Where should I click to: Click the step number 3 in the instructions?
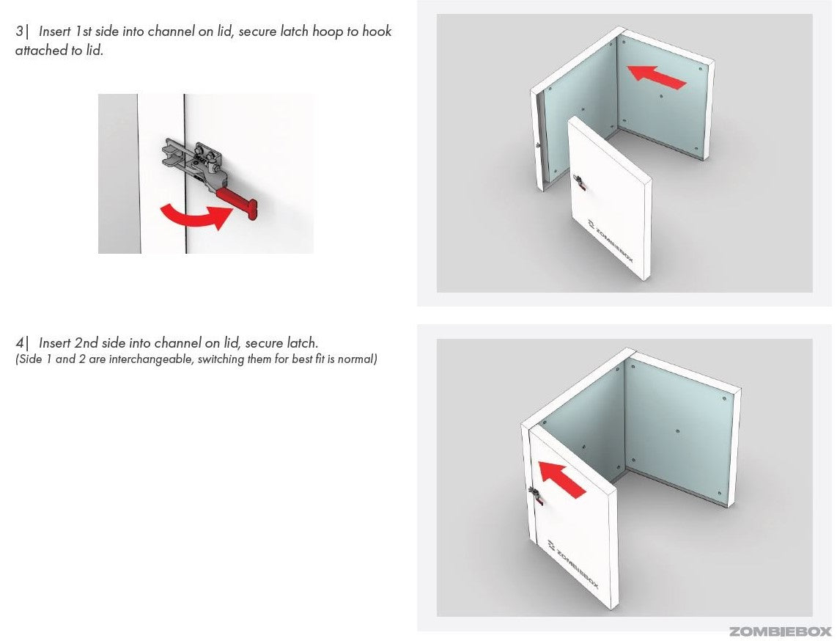(19, 31)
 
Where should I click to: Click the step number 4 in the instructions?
(19, 343)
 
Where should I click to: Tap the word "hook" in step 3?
(377, 31)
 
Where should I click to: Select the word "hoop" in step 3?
(328, 32)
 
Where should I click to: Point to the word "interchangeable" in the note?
(150, 359)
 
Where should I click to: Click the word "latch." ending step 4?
(302, 343)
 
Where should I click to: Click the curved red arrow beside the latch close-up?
(196, 216)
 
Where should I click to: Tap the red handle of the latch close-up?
(237, 203)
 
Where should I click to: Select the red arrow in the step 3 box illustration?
(656, 77)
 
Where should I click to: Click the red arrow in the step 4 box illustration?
(562, 479)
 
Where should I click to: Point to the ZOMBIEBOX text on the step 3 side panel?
(611, 241)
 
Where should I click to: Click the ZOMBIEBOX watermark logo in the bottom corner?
(780, 632)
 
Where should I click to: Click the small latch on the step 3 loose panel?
(579, 183)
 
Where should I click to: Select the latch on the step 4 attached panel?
(537, 496)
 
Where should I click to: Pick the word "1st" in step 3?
(84, 31)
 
